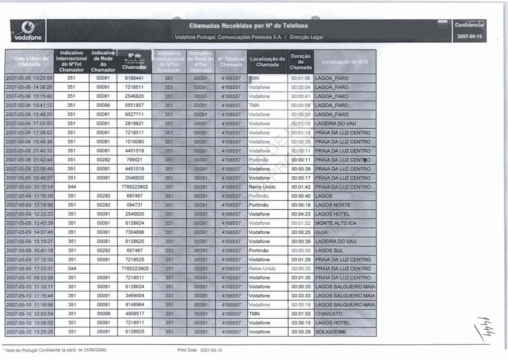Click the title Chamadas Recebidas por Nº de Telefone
[x=248, y=25]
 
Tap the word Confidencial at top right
[x=471, y=26]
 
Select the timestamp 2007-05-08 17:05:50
[x=29, y=123]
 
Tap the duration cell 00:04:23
[x=301, y=214]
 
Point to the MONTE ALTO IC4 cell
[x=336, y=223]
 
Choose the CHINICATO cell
[x=330, y=314]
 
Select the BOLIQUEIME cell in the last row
[x=331, y=332]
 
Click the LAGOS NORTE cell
[x=333, y=205]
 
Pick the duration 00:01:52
[x=301, y=314]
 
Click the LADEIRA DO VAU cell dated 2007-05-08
[x=336, y=123]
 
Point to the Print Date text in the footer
[x=200, y=351]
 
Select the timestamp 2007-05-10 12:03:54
[x=29, y=314]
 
